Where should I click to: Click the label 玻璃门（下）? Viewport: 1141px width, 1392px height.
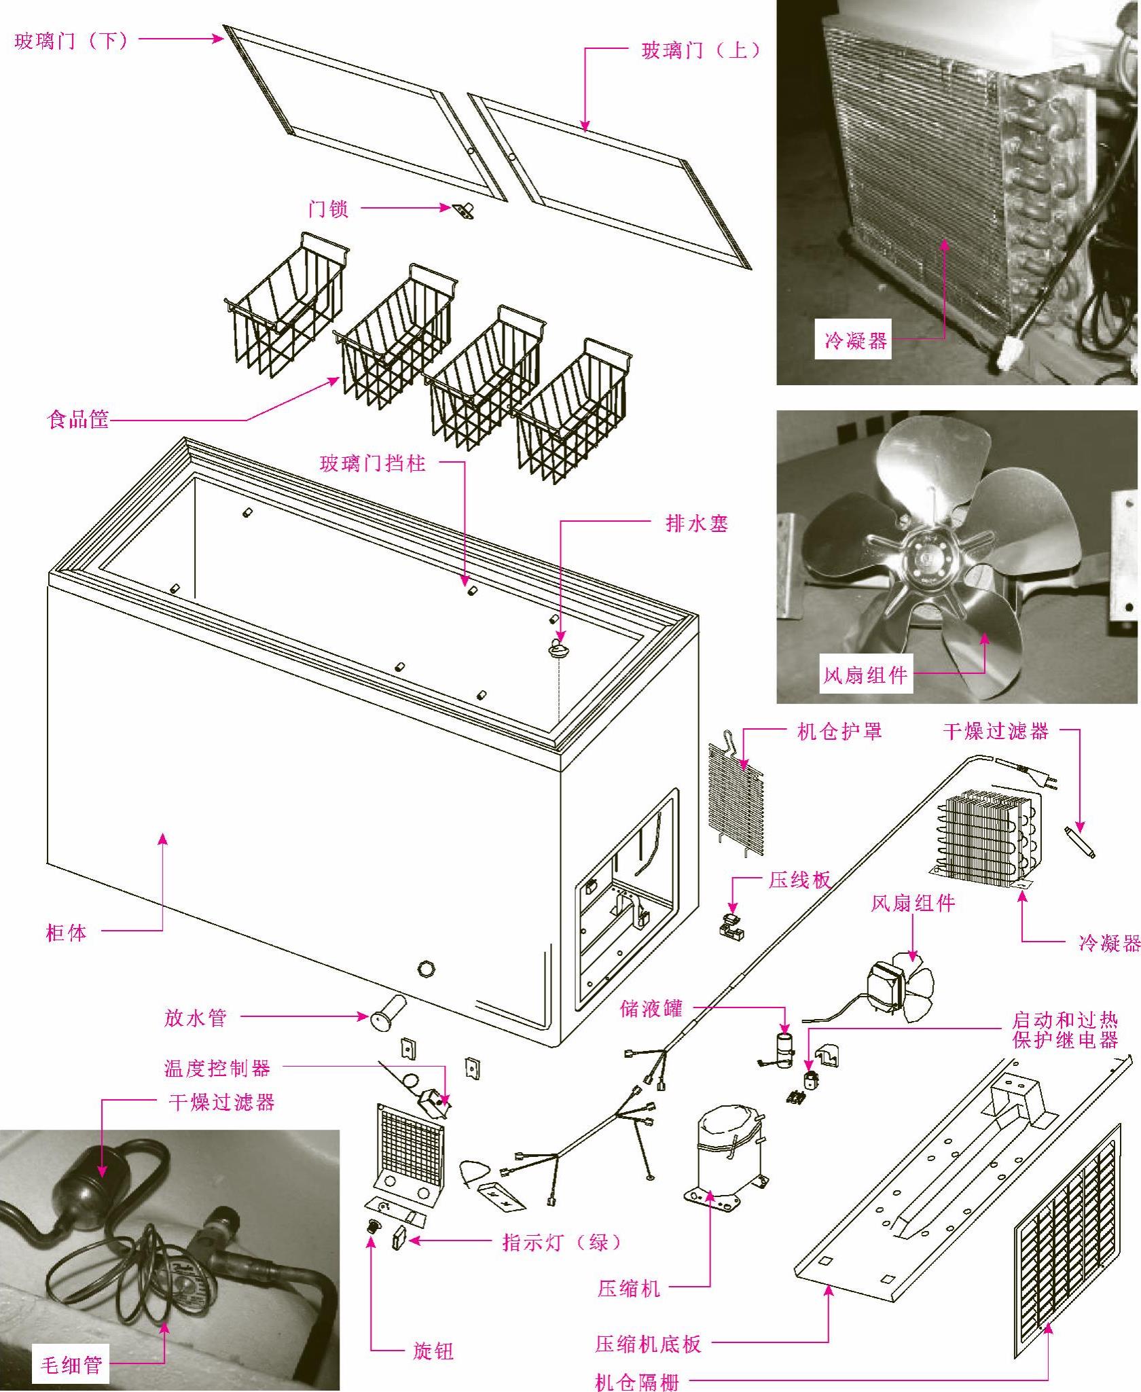(71, 41)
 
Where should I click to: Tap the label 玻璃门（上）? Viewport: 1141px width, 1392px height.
(701, 50)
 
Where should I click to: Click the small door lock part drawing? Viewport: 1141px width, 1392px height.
(463, 211)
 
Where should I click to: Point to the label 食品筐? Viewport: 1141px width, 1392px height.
(78, 419)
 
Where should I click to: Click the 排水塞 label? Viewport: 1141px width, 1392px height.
(697, 523)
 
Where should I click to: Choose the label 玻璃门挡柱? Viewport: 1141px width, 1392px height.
(373, 463)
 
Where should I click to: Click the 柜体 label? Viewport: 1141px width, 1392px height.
(67, 932)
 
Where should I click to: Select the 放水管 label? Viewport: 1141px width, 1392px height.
(196, 1018)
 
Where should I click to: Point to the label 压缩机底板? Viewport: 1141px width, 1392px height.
(648, 1343)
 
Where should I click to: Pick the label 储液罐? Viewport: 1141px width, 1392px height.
(651, 1008)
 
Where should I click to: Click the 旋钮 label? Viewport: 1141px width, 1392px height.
(433, 1351)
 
